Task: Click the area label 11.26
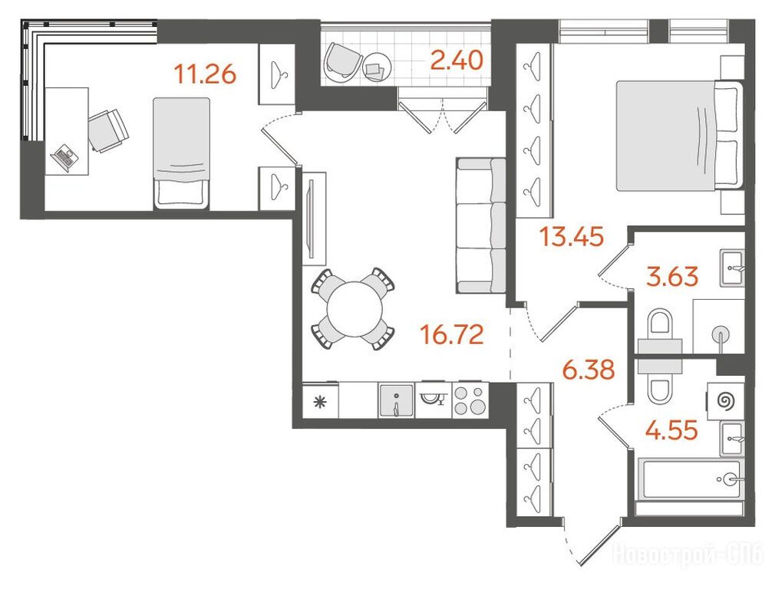pos(205,74)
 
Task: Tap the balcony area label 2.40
pos(457,61)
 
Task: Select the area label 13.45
pos(572,236)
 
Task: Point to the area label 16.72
pos(451,334)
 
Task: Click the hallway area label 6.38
pos(589,369)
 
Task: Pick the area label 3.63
pos(673,276)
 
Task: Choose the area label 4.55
pos(671,429)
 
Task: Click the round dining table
pos(355,309)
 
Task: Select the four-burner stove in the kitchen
pos(470,400)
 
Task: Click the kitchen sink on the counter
pos(396,401)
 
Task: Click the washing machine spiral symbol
pos(726,401)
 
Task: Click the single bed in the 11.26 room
pos(181,153)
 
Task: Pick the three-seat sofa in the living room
pos(481,225)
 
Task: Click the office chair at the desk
pos(107,130)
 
